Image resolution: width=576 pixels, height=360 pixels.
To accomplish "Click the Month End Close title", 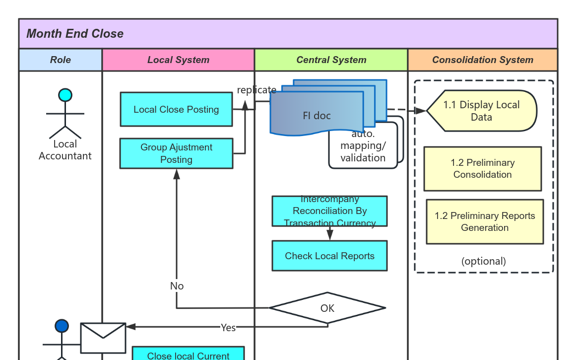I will tap(75, 34).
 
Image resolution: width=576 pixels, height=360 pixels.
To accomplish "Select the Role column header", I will tap(61, 60).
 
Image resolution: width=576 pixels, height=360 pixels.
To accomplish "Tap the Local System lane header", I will tap(178, 60).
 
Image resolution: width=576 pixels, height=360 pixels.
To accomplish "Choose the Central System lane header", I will tap(331, 60).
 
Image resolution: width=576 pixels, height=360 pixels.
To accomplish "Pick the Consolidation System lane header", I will tap(482, 60).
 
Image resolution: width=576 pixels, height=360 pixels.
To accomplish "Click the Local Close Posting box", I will tap(176, 109).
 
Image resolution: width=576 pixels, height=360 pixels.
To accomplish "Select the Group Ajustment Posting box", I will tap(176, 153).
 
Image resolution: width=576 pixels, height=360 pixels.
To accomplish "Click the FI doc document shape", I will tap(317, 115).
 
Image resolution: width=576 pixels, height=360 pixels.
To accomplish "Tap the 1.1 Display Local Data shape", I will tap(481, 111).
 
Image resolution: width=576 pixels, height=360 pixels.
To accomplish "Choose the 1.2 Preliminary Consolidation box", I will tap(482, 169).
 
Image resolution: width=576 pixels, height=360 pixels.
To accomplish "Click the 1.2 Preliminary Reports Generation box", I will tap(485, 222).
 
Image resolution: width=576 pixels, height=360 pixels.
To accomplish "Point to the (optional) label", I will tap(484, 261).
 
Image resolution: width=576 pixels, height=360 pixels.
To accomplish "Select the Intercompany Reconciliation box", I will tap(329, 211).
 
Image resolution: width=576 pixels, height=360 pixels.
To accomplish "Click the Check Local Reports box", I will tap(329, 256).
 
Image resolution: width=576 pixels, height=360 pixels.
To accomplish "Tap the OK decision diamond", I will tap(327, 308).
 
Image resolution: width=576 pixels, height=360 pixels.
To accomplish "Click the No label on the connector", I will tap(177, 286).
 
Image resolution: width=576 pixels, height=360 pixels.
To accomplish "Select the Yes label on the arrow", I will tap(228, 328).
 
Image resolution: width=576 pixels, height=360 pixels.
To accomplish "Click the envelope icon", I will tap(103, 338).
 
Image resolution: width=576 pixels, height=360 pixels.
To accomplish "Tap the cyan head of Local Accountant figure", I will tap(65, 95).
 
